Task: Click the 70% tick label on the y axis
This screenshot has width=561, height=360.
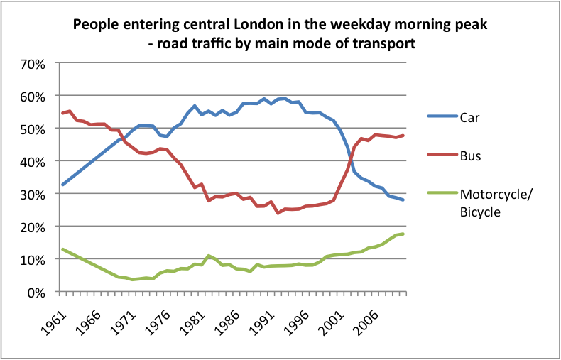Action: click(33, 63)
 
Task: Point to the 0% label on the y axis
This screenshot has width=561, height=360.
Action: click(36, 292)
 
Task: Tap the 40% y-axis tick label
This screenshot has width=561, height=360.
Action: click(33, 161)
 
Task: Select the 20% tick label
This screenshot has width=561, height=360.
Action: click(33, 227)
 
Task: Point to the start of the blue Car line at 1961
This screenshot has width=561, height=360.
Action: click(62, 185)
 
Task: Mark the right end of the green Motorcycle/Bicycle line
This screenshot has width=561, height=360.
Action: click(403, 234)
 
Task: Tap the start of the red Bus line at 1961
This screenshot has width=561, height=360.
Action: click(62, 113)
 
